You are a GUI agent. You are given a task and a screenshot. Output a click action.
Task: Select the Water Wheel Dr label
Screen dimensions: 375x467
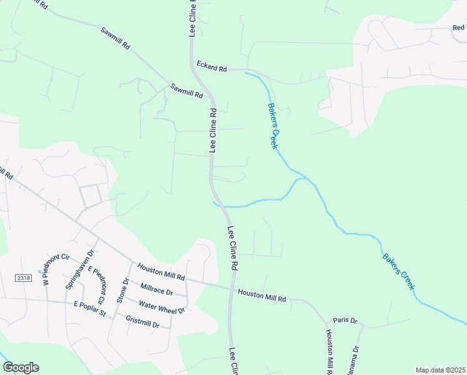(162, 307)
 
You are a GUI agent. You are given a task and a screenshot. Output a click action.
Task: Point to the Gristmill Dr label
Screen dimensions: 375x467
(142, 322)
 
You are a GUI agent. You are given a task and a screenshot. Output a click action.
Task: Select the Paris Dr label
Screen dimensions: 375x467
(345, 321)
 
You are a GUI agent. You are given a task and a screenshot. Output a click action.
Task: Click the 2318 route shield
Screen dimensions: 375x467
(24, 277)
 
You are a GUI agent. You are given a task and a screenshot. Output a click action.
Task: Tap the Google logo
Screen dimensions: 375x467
(21, 367)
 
